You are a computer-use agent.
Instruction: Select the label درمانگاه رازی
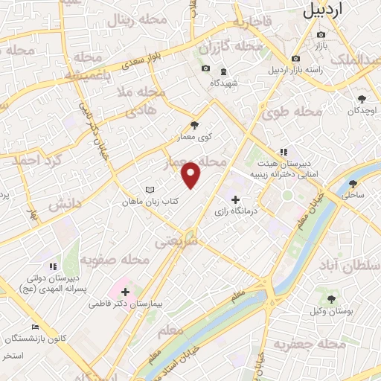tap(235, 211)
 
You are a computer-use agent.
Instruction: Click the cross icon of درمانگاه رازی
tap(236, 199)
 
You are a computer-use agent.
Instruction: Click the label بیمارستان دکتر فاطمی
tap(124, 304)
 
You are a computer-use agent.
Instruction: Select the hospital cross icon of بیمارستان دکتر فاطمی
tap(124, 292)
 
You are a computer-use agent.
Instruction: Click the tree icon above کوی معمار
tap(195, 125)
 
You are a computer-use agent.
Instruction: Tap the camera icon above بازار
tap(321, 34)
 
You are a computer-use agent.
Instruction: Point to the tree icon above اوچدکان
tap(362, 98)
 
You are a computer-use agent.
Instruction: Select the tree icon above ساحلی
tap(353, 182)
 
